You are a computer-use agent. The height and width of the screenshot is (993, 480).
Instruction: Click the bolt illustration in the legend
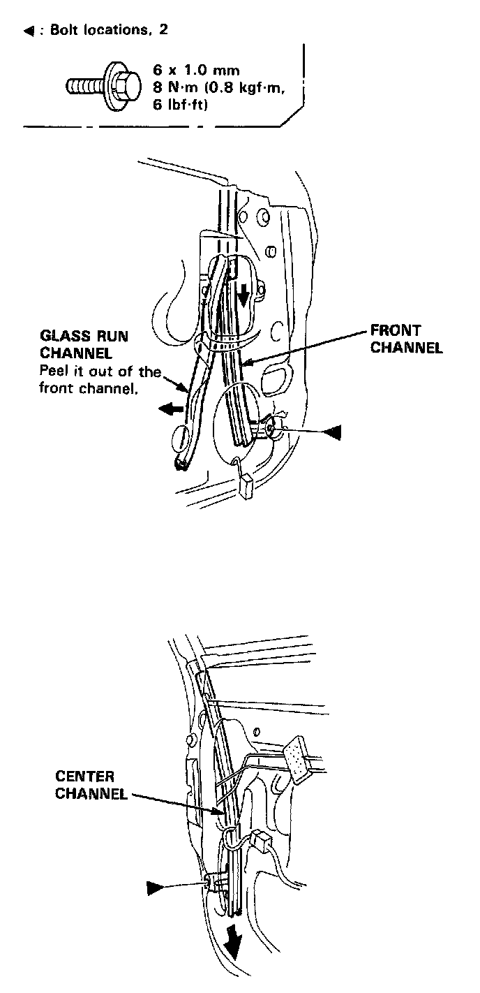(x=97, y=87)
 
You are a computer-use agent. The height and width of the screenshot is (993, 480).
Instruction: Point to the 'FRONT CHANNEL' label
(x=406, y=338)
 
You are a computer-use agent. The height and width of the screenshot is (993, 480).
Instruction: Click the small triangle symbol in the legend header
(x=29, y=31)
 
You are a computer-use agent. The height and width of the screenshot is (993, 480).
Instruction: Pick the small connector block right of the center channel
(x=263, y=840)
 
